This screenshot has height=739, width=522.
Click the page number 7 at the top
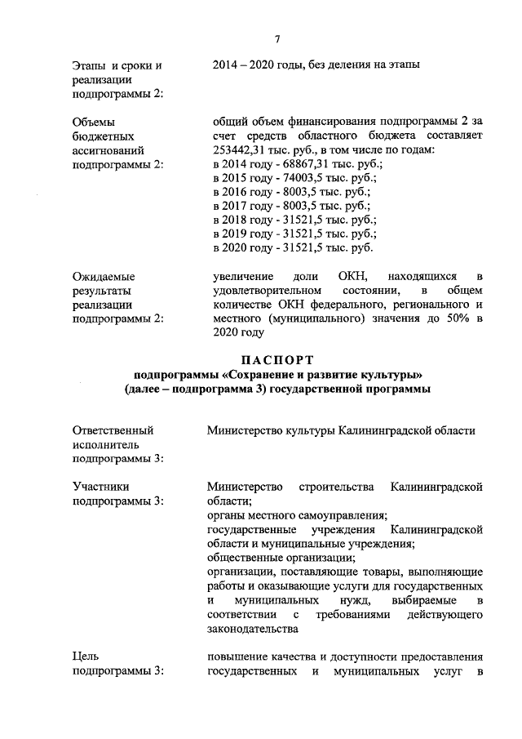click(x=277, y=38)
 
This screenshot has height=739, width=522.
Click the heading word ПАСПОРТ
click(x=278, y=359)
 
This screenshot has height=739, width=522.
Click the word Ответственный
click(x=113, y=430)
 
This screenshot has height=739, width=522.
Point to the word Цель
click(x=85, y=657)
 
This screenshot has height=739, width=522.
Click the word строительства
click(x=336, y=487)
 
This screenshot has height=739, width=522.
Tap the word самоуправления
click(x=335, y=516)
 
